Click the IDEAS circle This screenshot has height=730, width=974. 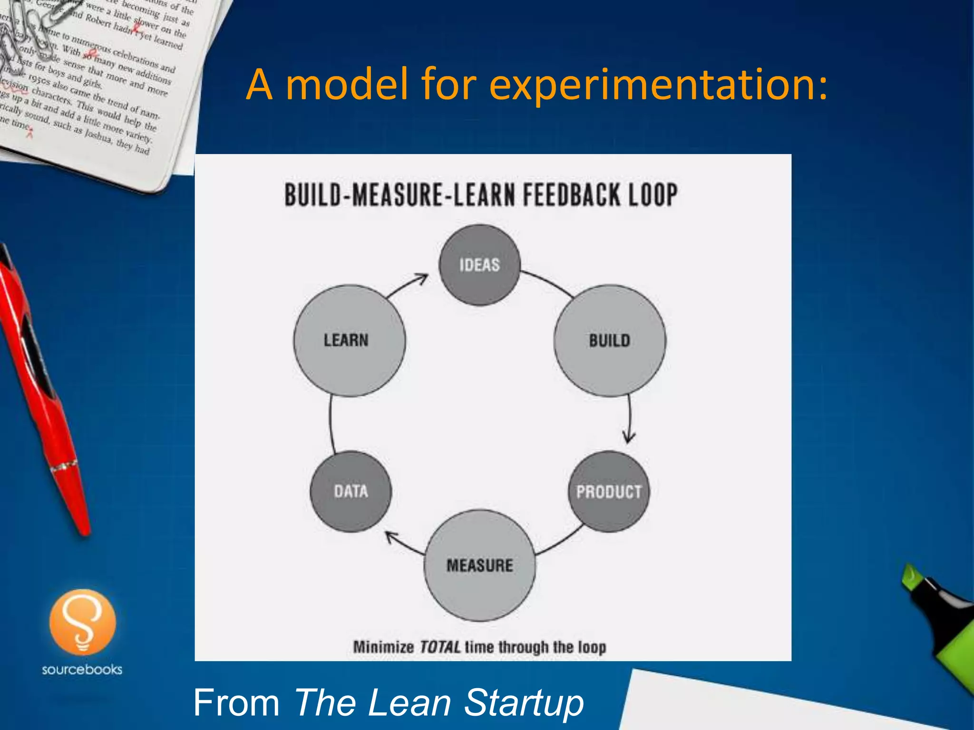pos(479,265)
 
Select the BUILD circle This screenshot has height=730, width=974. pos(610,341)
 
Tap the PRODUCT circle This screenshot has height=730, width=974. pos(609,491)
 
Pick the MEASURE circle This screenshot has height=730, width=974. pos(479,566)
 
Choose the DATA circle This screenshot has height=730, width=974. pos(351,491)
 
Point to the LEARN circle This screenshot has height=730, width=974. pos(350,341)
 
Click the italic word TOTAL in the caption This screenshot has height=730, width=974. pos(440,647)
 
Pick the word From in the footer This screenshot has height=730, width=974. pos(236,702)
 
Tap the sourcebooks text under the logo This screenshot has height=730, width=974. pos(82,670)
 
